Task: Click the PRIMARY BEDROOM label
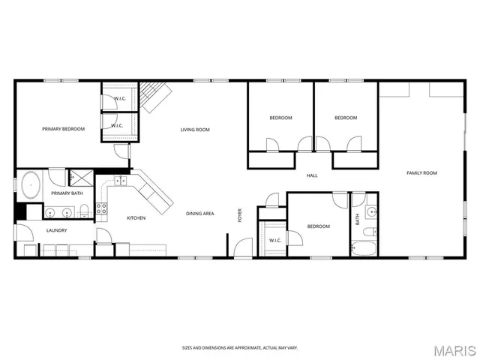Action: (63, 129)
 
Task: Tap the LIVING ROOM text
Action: (194, 129)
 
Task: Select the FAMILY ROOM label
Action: (421, 173)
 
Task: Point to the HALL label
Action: (312, 176)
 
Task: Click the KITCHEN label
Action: (136, 218)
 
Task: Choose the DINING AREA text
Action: (200, 214)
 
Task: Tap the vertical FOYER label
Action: (240, 214)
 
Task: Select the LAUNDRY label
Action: (57, 230)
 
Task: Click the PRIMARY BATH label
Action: (66, 193)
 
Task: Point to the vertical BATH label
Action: (358, 219)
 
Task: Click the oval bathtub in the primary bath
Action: (31, 184)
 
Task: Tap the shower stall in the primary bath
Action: (79, 178)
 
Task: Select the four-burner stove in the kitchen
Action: (101, 209)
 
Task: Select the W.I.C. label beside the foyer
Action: (274, 240)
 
